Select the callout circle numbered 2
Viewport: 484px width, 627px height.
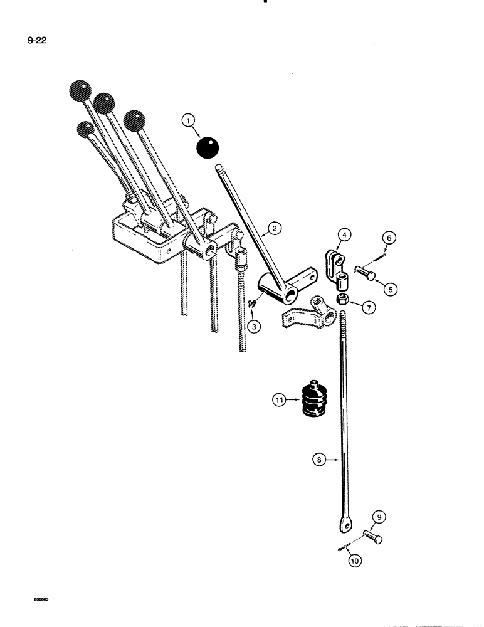pos(273,228)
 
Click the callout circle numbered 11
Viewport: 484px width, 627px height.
pos(278,399)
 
